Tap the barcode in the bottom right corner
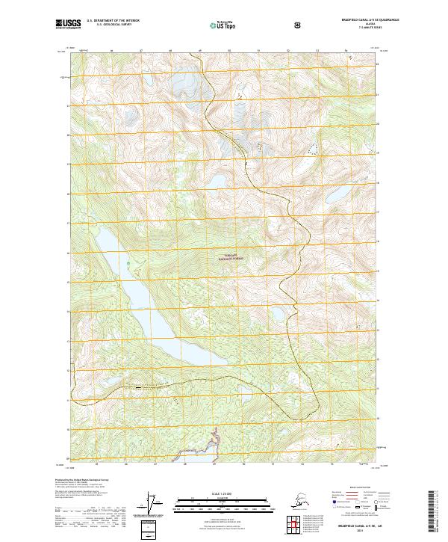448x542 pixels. [x=432, y=511]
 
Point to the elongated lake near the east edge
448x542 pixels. [x=332, y=196]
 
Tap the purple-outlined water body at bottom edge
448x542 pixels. [x=214, y=440]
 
